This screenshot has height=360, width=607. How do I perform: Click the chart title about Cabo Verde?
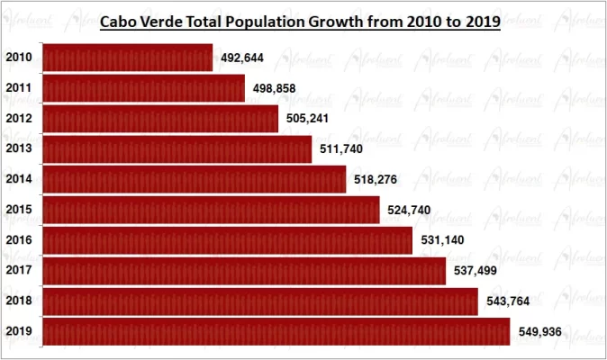299,22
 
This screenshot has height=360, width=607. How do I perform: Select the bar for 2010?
127,58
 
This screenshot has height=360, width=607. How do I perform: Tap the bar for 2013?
177,149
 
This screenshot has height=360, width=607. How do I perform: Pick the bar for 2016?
227,240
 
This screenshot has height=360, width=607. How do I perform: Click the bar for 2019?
276,331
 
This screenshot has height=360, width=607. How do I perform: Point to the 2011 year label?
19,88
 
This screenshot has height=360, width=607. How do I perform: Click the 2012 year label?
19,119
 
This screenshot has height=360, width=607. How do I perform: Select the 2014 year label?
19,179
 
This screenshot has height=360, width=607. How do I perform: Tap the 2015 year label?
19,210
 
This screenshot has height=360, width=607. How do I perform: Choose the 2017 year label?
19,270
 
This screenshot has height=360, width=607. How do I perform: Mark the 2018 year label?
19,301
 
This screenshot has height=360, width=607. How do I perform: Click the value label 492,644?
242,58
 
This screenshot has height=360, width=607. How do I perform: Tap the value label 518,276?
376,180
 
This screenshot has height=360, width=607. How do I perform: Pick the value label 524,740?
410,211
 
